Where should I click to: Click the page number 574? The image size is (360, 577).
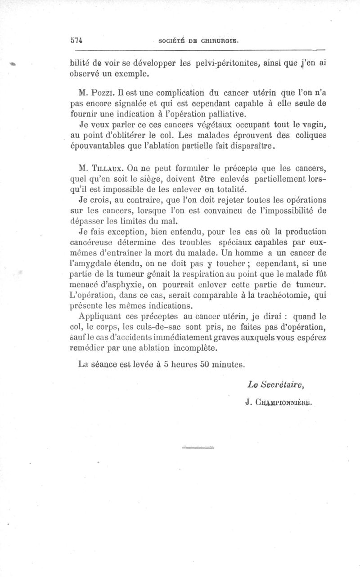pyautogui.click(x=79, y=40)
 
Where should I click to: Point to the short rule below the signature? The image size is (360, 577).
pyautogui.click(x=199, y=447)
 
